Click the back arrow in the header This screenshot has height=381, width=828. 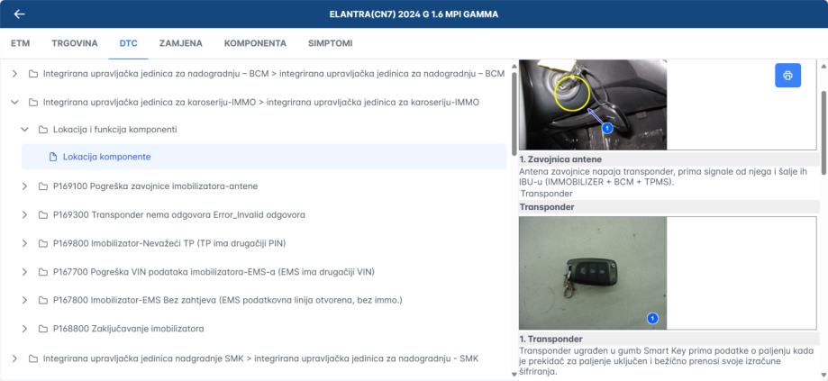point(20,14)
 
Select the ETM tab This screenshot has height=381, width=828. point(20,43)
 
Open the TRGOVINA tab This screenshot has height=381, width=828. point(75,43)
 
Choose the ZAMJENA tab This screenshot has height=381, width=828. point(180,43)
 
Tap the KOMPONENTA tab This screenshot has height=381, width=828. point(255,43)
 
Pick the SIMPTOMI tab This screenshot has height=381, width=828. point(330,43)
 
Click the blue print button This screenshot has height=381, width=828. point(787,76)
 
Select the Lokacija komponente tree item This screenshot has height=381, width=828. point(106,157)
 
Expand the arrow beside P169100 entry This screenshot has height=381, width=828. point(24,186)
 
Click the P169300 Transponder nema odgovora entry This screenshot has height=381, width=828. point(179,214)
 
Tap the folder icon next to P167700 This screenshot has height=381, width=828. point(43,272)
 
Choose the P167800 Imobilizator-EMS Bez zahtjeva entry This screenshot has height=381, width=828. point(228,300)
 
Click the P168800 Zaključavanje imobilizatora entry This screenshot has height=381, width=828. point(128,329)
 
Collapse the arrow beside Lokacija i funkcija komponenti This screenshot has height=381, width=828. point(24,130)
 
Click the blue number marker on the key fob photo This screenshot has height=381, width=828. point(652,318)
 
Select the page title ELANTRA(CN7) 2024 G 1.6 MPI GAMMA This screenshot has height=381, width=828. point(414,14)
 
